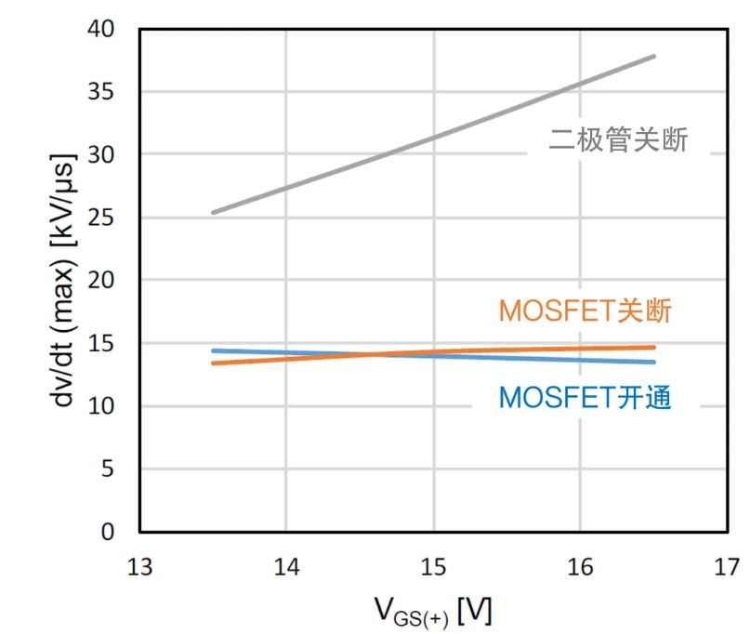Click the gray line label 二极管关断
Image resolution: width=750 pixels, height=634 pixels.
[x=618, y=141]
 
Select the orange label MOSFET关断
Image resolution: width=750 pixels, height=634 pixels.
[x=585, y=311]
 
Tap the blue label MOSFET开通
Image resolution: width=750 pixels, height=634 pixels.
[x=585, y=399]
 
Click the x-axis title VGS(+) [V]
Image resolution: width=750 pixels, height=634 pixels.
[x=434, y=612]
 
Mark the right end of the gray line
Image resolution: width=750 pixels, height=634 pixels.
[x=654, y=56]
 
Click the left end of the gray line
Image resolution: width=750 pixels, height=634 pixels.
[x=213, y=212]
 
